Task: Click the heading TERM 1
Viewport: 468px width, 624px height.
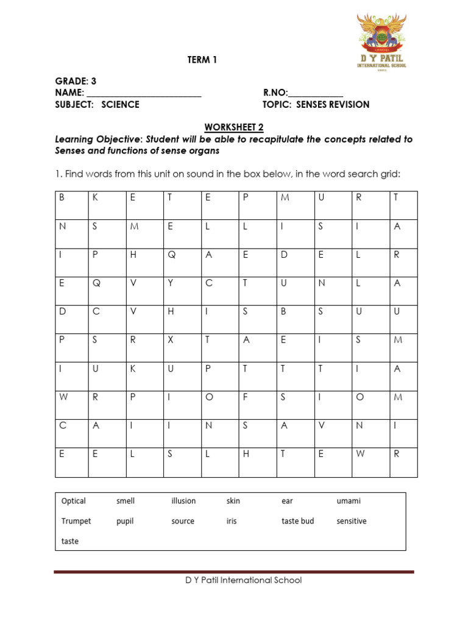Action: pos(201,60)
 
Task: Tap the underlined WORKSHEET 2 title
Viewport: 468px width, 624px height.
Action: pos(234,127)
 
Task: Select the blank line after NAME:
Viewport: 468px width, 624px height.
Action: pos(144,93)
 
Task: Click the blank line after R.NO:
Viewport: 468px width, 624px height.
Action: pos(316,93)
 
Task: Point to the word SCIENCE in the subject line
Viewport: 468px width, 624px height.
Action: pos(120,104)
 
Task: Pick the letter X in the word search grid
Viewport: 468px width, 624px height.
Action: pos(171,340)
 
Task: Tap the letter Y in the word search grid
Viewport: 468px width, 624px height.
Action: pos(171,283)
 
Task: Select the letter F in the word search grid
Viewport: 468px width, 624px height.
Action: pos(246,397)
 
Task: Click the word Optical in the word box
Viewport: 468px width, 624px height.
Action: pos(74,501)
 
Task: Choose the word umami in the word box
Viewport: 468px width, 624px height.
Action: pos(349,501)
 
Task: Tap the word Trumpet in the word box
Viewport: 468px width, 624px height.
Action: pos(76,521)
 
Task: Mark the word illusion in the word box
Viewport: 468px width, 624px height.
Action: pos(183,501)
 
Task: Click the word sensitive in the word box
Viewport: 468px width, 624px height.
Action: pos(352,521)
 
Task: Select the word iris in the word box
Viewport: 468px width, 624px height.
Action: pos(232,521)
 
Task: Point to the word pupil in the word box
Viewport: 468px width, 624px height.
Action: pos(125,521)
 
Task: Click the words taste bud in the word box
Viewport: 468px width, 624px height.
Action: pos(298,521)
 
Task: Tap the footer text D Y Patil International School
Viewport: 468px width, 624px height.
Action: pos(243,580)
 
